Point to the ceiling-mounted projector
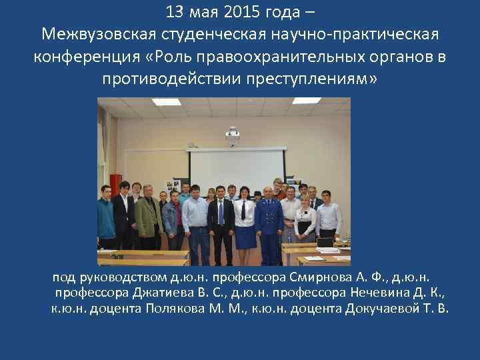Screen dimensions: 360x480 (233, 133)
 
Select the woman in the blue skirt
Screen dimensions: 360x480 (243, 223)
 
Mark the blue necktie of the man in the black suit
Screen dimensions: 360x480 (221, 213)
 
